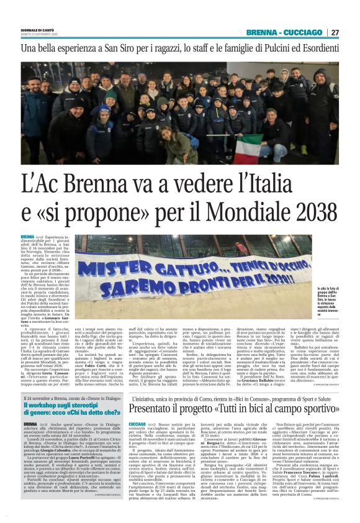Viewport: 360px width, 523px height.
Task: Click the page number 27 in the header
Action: point(335,32)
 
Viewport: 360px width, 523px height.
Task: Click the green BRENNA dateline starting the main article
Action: point(27,237)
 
